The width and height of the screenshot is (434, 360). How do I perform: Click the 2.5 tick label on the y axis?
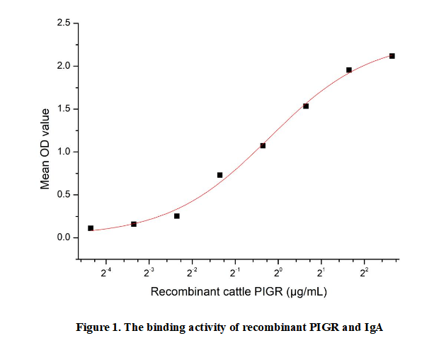coord(62,24)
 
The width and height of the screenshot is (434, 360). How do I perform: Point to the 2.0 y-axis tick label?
coord(62,67)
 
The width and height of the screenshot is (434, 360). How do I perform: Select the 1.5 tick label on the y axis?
coord(62,109)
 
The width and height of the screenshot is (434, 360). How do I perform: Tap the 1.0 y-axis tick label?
coord(62,152)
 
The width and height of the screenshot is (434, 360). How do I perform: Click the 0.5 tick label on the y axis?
coord(62,195)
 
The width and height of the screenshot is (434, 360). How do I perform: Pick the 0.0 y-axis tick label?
coord(62,237)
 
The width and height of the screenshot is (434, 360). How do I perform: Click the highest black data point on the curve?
coord(392,56)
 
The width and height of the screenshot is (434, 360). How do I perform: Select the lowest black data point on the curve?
coord(91,228)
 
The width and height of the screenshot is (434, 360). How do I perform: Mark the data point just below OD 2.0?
coord(349,70)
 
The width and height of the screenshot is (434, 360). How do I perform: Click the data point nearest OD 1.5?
coord(306,106)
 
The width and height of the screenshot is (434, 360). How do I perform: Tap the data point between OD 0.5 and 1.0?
coord(219,175)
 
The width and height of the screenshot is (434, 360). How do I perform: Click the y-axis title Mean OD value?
coord(45,148)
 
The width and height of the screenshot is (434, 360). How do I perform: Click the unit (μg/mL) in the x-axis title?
coord(306,291)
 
